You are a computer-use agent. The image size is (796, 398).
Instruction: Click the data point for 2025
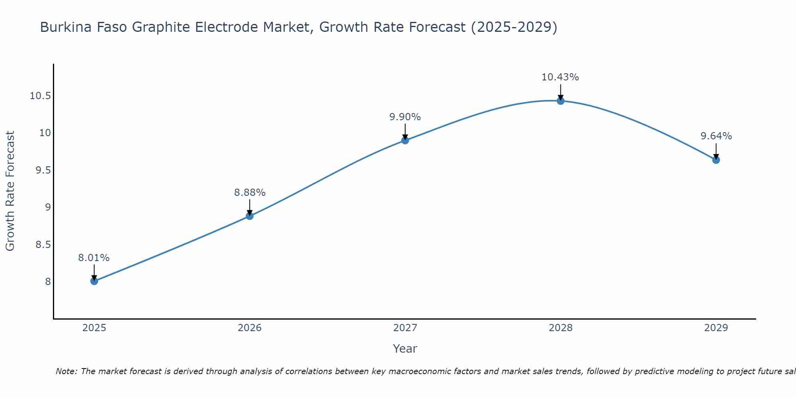94,281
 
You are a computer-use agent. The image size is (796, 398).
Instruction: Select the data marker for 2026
250,216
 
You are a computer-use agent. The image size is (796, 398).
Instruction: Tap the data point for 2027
405,140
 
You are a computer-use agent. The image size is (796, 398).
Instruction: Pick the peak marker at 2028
560,101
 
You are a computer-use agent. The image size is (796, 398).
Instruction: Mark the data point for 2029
716,160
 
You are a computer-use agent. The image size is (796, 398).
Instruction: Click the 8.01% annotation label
94,258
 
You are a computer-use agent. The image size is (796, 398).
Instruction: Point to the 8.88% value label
250,193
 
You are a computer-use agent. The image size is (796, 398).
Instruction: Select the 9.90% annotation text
405,117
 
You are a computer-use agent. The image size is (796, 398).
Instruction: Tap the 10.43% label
560,77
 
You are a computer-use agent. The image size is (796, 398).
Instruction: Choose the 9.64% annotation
716,136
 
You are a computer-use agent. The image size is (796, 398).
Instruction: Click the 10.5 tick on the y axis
40,96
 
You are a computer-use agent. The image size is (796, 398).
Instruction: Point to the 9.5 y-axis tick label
43,170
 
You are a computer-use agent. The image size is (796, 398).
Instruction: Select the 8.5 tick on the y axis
43,244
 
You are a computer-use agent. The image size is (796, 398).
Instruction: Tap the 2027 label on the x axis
405,328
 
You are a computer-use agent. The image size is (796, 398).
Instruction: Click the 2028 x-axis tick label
560,328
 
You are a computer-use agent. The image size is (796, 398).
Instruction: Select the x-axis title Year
405,349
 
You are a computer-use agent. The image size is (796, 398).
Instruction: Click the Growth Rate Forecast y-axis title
10,191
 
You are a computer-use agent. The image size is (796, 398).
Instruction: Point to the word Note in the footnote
66,371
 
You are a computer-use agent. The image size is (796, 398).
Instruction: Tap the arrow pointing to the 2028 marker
560,92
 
